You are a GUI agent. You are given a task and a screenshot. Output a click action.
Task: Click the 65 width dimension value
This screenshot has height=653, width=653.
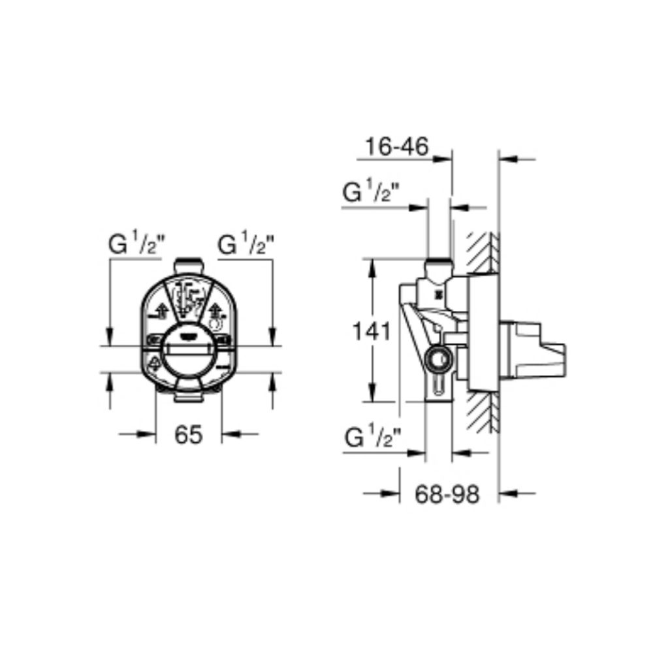[188, 434]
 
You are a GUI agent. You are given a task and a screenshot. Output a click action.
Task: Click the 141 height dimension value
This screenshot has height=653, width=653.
[372, 332]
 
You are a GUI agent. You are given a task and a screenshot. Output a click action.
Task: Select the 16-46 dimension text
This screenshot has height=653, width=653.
[396, 146]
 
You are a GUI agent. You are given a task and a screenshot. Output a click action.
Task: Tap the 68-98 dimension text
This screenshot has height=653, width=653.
[447, 494]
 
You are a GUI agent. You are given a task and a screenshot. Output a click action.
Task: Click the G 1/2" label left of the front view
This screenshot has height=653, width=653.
[137, 244]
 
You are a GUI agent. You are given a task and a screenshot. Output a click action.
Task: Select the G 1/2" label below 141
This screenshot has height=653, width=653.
[373, 438]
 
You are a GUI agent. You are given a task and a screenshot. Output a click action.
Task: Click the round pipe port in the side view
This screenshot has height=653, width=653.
[438, 357]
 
